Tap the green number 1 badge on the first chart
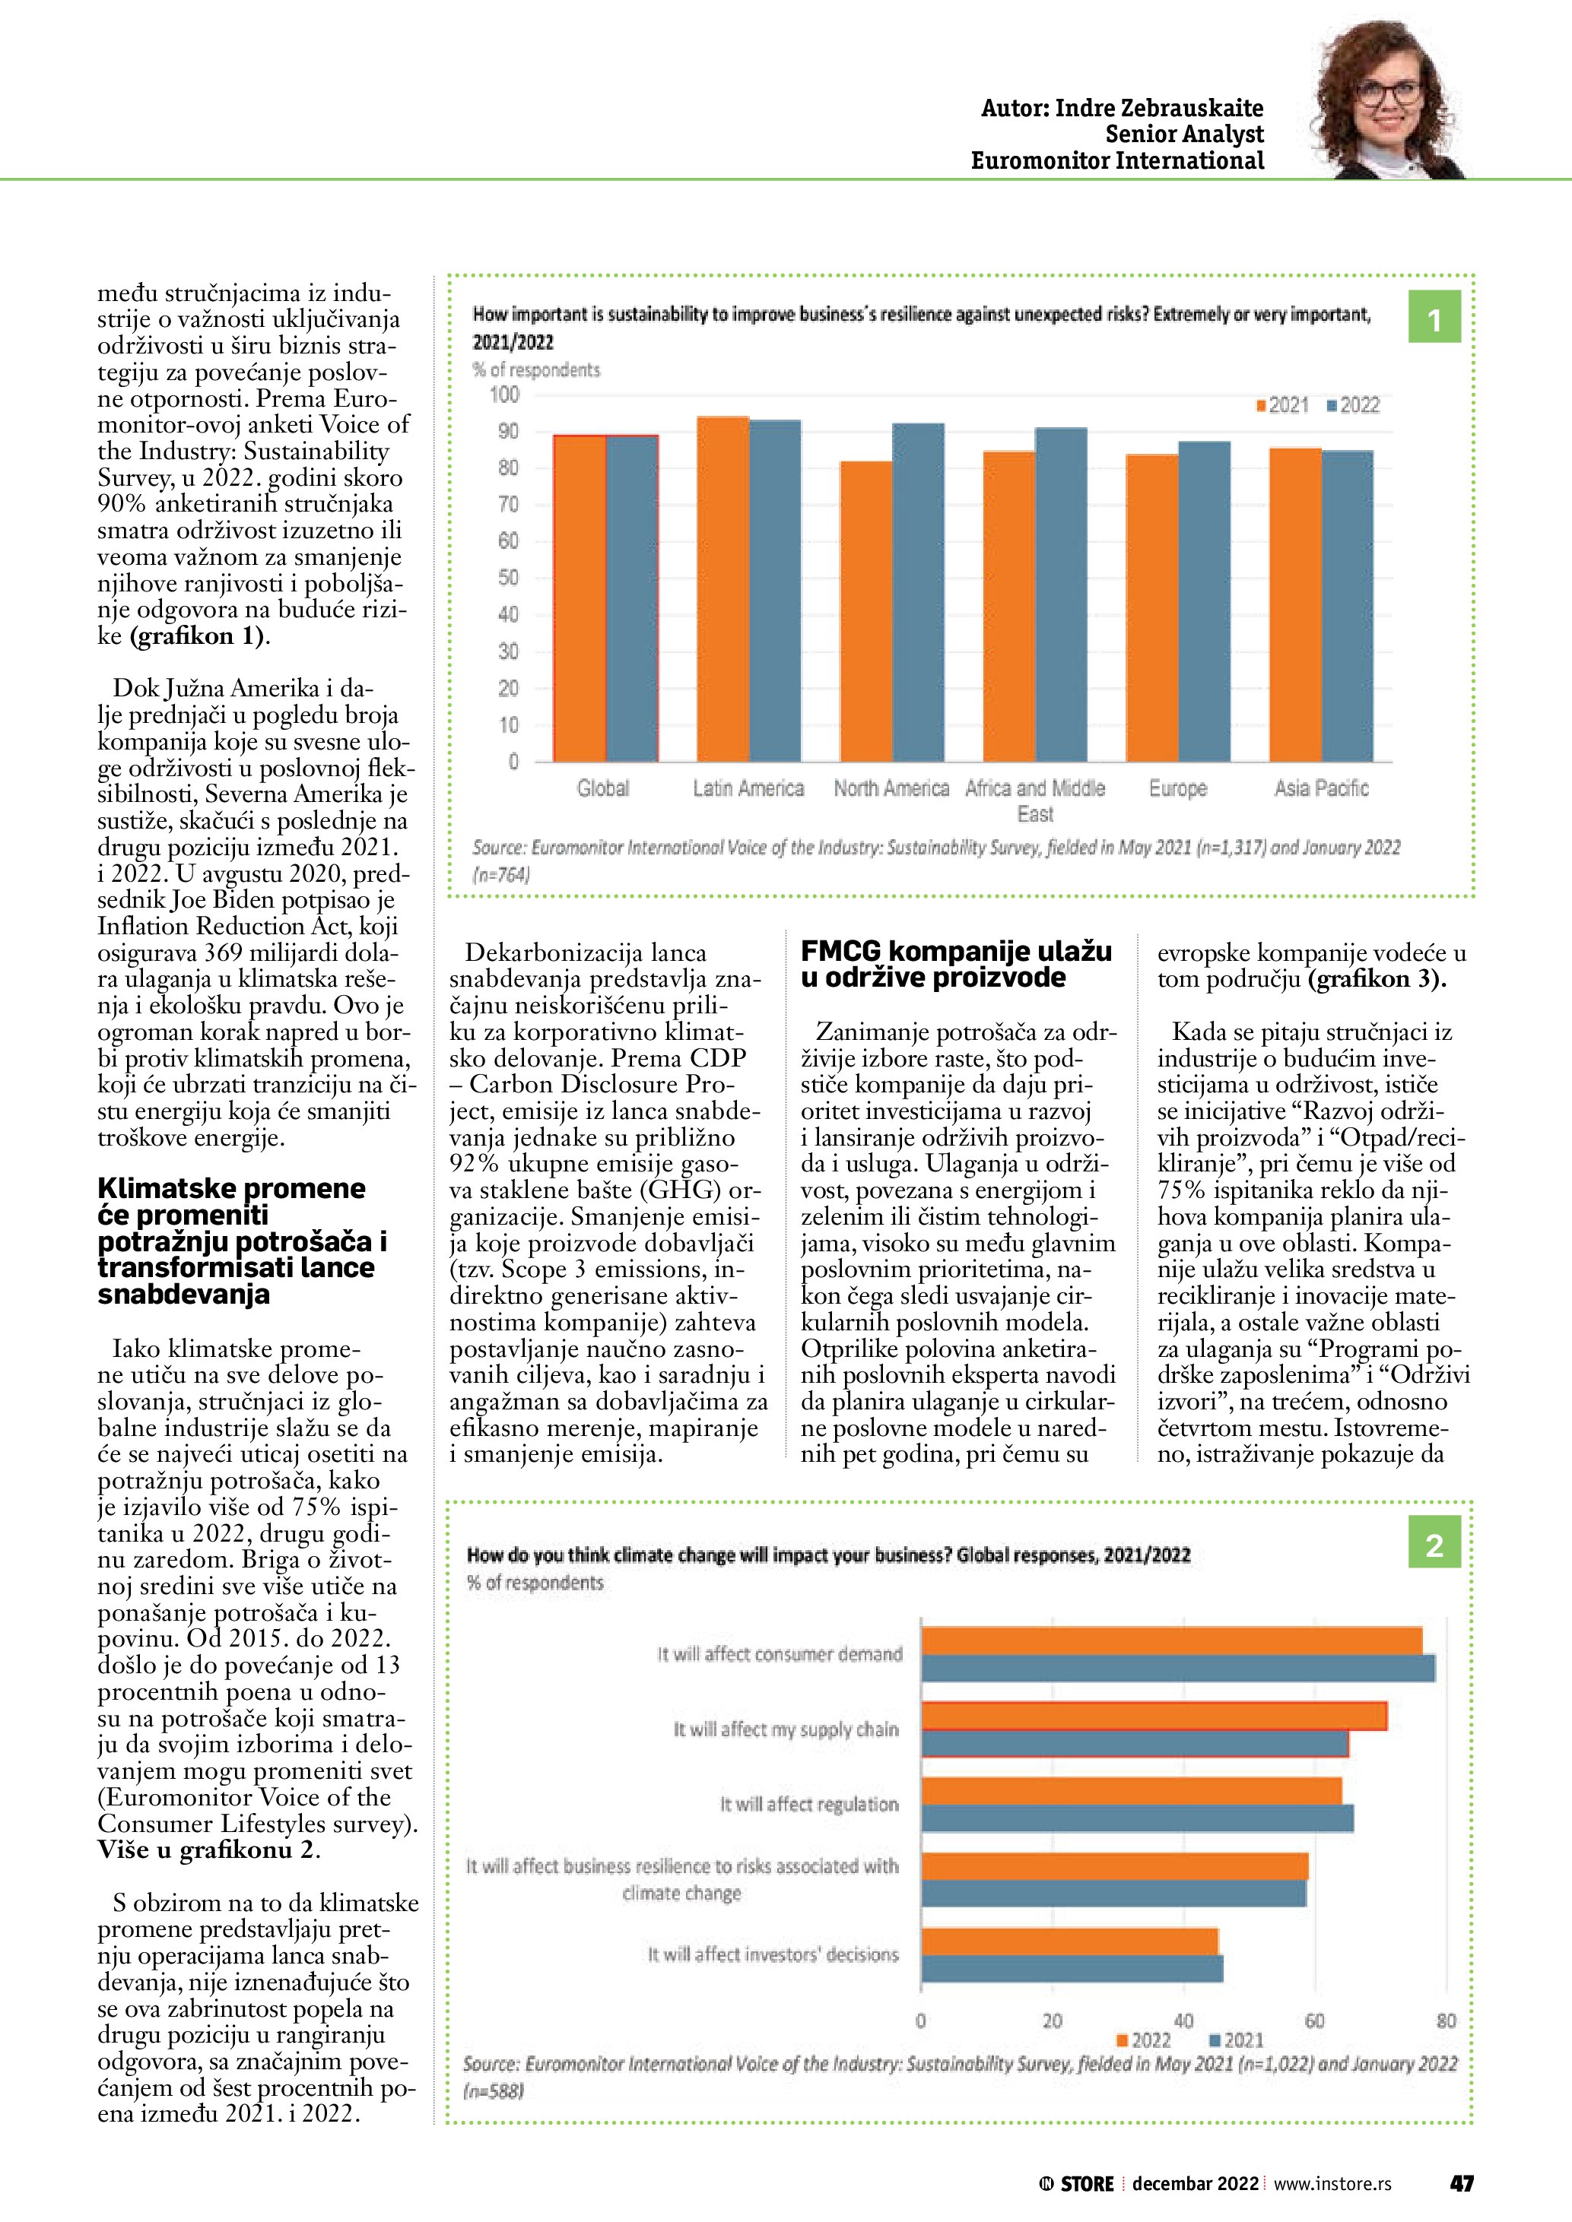click(1434, 319)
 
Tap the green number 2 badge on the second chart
click(1434, 1545)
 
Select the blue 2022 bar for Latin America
click(775, 591)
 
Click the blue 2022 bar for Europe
click(1204, 601)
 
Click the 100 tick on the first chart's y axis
click(504, 395)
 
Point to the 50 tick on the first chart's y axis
click(508, 578)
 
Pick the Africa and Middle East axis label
click(1035, 800)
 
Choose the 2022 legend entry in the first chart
click(1352, 405)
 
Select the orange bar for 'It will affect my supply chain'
click(1153, 1716)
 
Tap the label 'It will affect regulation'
click(809, 1804)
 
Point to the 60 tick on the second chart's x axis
click(1314, 2021)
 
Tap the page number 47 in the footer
click(1461, 2183)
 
